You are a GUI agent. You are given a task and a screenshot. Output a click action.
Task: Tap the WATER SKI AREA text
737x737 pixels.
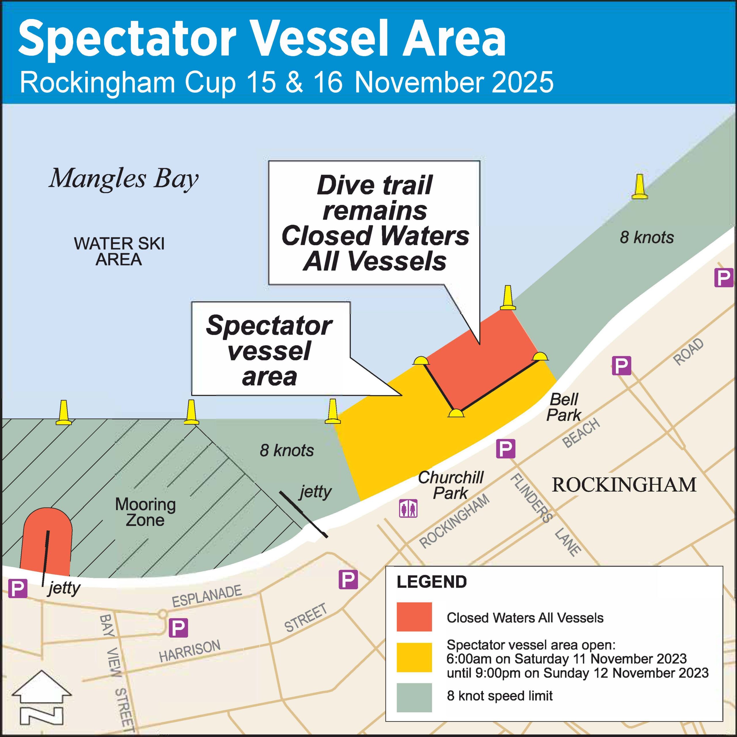coord(119,251)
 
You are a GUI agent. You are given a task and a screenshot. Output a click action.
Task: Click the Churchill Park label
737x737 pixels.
coord(451,485)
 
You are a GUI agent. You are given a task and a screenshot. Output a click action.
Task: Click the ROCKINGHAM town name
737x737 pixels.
coord(624,485)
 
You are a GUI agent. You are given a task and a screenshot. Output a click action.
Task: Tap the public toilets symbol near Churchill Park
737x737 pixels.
coord(408,508)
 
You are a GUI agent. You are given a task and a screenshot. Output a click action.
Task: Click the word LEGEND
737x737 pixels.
coord(432,582)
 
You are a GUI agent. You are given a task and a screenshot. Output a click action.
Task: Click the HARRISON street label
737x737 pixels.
coord(190,651)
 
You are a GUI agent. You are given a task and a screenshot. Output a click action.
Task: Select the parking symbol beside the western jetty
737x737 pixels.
coord(18,589)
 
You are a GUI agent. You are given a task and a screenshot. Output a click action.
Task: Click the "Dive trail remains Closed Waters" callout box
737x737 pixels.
coord(374,223)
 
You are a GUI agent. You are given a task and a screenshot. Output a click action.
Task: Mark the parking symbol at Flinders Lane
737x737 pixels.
coord(506,449)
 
